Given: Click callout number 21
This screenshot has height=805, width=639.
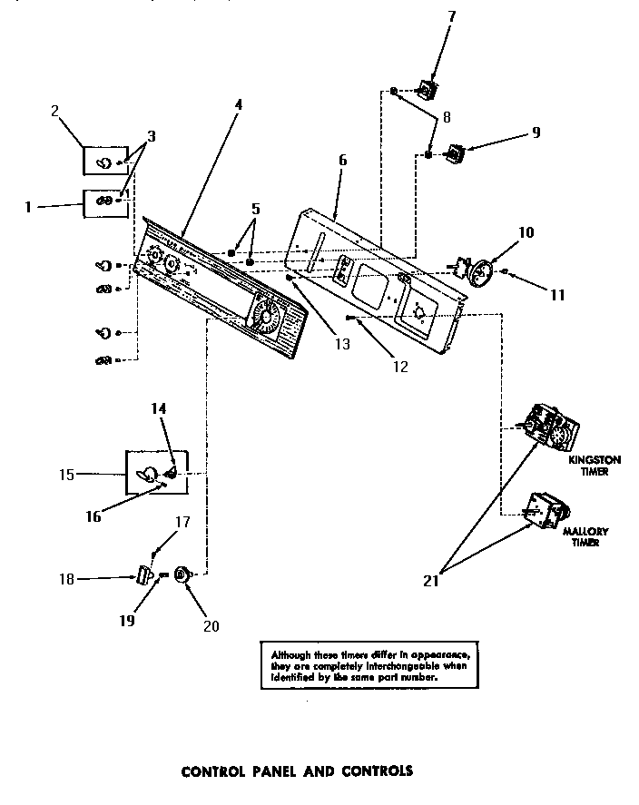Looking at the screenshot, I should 431,582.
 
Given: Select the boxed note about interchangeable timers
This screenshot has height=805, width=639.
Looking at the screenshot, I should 368,664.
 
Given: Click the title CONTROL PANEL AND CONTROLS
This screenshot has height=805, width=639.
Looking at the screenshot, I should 297,771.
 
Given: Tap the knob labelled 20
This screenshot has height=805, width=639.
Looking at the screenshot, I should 181,574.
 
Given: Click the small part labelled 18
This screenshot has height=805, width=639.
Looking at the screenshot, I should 143,575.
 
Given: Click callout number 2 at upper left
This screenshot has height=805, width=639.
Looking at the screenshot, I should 55,112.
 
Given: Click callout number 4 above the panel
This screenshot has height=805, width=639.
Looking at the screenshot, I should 238,104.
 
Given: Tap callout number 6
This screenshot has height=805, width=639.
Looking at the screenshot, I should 342,160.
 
